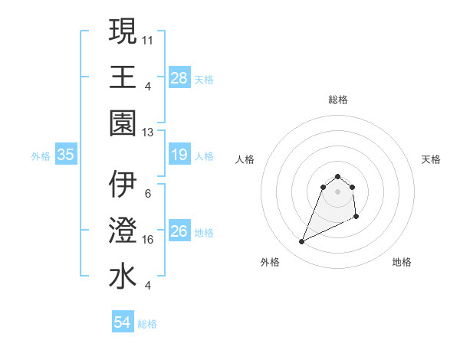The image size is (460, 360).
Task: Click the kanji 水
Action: (123, 276)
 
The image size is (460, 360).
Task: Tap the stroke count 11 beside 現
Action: (149, 39)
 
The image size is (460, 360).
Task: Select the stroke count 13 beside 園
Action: (149, 132)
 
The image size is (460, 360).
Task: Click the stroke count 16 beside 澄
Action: (149, 239)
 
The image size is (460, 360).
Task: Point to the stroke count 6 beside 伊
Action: (147, 193)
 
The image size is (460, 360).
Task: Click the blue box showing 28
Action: (179, 77)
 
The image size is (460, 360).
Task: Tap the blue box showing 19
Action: (179, 155)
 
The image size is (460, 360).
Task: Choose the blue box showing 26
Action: (179, 231)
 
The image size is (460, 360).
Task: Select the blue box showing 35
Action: (66, 155)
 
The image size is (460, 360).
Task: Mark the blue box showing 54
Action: (123, 322)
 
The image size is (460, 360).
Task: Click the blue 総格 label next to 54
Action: (147, 324)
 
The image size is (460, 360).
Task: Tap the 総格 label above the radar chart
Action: (337, 100)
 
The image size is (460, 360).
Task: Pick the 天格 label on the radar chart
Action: (431, 159)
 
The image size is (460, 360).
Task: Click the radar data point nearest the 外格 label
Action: (301, 242)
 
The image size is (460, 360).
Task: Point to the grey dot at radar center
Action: (337, 191)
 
